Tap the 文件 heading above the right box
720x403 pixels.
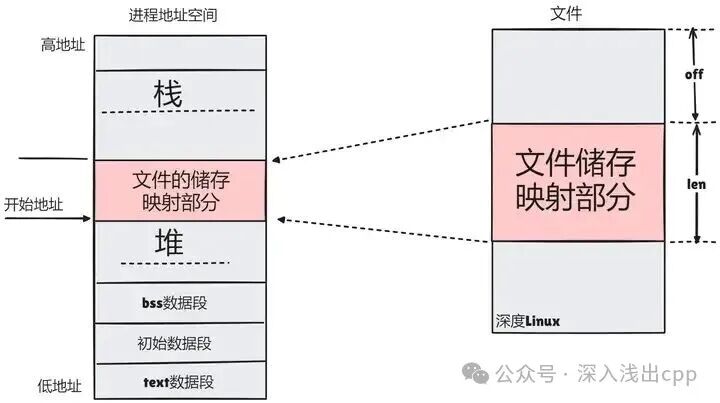pos(566,14)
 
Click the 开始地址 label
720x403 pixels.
pos(33,204)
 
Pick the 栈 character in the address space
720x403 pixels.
pos(168,95)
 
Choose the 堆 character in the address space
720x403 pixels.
pos(168,242)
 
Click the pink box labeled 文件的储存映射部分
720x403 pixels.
pos(181,190)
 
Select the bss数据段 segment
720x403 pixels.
pos(180,302)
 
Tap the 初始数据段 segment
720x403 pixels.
pos(180,343)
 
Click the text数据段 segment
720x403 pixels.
pos(180,381)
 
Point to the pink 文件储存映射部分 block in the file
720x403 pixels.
pos(577,181)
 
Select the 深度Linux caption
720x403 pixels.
pos(527,321)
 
